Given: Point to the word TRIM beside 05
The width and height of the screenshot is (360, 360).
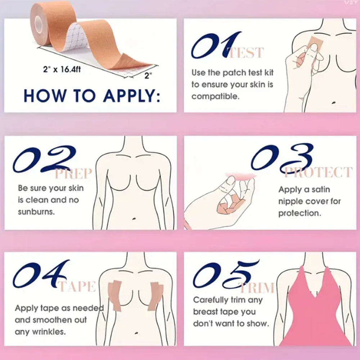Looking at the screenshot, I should [x=257, y=288].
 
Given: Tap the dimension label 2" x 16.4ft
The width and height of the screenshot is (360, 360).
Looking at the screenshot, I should [x=60, y=69].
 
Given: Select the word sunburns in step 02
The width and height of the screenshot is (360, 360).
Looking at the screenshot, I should [x=36, y=212].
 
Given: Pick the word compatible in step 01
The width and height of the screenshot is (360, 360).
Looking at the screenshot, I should [x=215, y=97].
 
